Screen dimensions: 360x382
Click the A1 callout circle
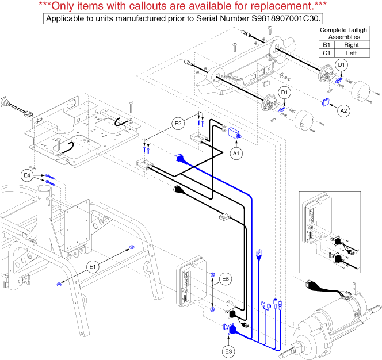tap(235, 154)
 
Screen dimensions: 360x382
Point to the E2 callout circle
tap(177, 123)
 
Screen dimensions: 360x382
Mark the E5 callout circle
tap(226, 280)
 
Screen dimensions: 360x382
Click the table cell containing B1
tap(327, 45)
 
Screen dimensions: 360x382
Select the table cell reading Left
tap(352, 53)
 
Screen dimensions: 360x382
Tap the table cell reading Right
tap(352, 45)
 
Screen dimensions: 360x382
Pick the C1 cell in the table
tap(327, 53)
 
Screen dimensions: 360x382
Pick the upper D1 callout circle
tap(342, 65)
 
